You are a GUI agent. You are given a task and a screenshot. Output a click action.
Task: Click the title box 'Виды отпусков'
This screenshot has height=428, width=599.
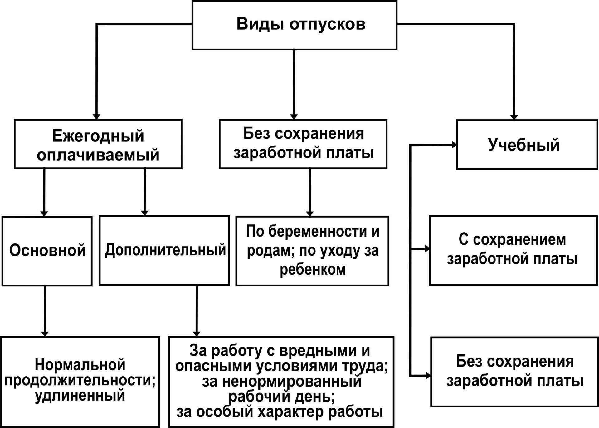click(x=294, y=25)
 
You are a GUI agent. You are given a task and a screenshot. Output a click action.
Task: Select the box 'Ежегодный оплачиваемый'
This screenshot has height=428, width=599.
click(x=98, y=144)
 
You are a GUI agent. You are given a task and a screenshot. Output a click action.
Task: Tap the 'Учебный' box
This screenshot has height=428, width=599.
click(x=527, y=145)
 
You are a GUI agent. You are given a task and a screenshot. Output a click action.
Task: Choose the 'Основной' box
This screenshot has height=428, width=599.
click(x=47, y=251)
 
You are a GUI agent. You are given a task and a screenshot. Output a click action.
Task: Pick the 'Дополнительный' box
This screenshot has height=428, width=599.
click(x=164, y=250)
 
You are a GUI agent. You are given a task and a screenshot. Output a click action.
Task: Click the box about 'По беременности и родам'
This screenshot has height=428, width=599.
click(x=312, y=251)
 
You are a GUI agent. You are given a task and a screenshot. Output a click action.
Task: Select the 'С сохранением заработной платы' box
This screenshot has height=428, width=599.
click(x=513, y=250)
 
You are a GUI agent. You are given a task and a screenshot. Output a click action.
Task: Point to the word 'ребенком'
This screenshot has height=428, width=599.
click(x=313, y=270)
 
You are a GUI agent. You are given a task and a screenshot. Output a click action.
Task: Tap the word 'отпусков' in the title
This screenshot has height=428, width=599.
click(x=327, y=24)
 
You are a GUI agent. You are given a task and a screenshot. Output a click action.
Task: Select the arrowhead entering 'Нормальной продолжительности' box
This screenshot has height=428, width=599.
click(x=45, y=334)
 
